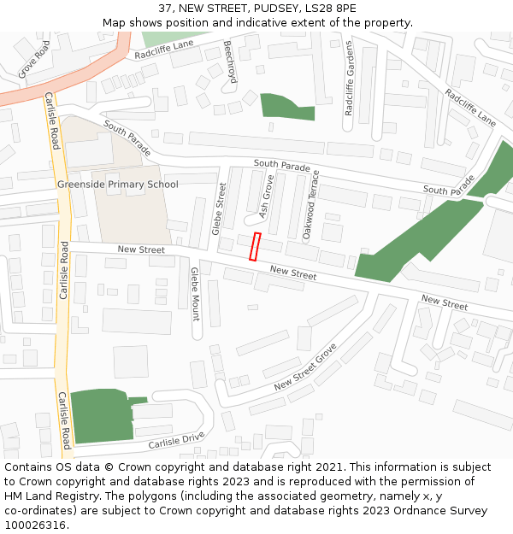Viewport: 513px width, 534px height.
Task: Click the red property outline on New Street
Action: coord(254,246)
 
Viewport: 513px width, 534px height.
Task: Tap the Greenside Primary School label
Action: coord(118,185)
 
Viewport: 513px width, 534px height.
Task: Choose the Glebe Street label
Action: coord(220,209)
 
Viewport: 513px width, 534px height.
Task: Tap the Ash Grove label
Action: coord(266,197)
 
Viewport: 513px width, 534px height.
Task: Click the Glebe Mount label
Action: coord(195,294)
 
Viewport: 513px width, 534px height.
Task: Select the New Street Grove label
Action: coord(306,368)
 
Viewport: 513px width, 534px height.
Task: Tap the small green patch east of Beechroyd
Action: coord(286,107)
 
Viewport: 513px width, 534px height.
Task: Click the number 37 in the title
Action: coord(165,9)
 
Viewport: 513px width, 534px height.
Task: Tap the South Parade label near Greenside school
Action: coord(127,138)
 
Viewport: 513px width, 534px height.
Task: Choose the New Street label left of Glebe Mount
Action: coord(141,249)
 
